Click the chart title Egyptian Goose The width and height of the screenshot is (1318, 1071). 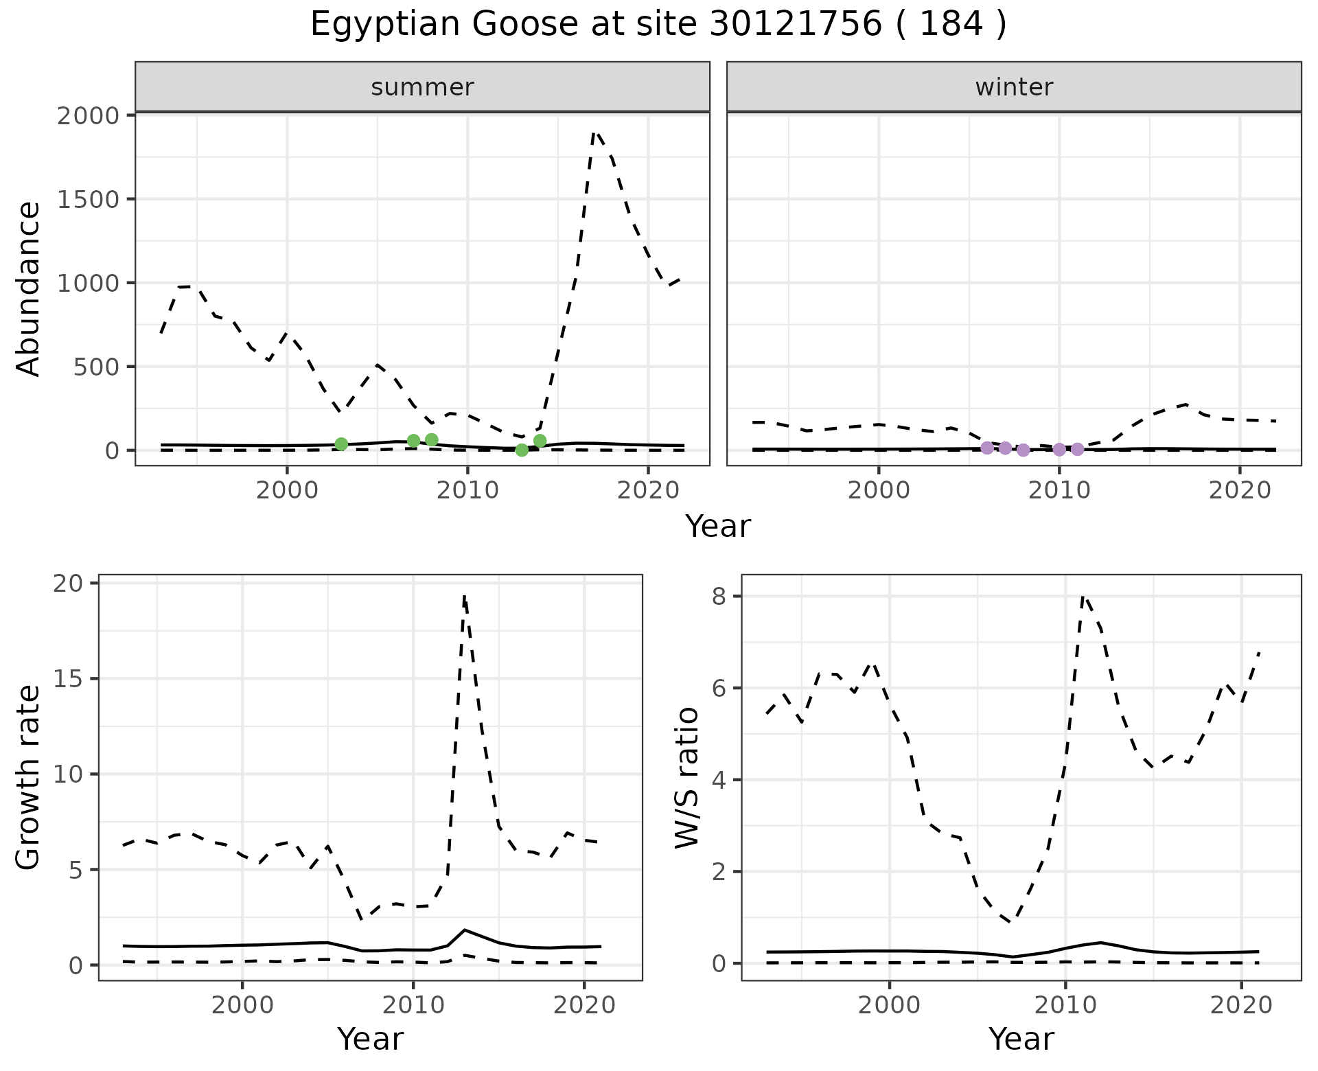tap(658, 25)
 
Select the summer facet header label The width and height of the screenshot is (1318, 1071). tap(422, 87)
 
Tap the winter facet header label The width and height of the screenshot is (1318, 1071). tap(1014, 87)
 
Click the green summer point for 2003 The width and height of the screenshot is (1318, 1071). tap(341, 444)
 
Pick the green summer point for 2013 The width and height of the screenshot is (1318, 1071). tap(522, 450)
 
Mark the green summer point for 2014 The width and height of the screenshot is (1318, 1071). tap(540, 441)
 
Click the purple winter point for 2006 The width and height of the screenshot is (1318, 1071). tap(987, 448)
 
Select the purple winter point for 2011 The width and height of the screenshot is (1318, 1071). tap(1077, 449)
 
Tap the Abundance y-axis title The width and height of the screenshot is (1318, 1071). tap(29, 289)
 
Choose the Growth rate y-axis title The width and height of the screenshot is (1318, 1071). tap(29, 777)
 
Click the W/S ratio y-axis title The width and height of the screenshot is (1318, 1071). tap(686, 777)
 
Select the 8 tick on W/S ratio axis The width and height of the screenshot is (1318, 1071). tap(719, 597)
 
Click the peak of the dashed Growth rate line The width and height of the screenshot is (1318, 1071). tap(465, 597)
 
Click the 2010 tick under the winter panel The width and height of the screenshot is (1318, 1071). tap(1059, 490)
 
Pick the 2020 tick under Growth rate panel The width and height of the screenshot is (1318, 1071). tap(583, 1006)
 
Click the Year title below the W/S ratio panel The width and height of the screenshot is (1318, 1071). tap(1021, 1039)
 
